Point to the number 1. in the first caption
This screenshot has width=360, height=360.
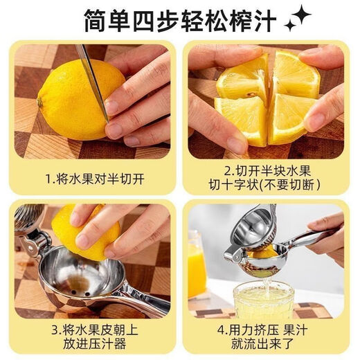[x=50, y=179]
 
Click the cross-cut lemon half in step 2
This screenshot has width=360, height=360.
[x=267, y=97]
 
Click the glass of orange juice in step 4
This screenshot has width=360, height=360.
[x=197, y=267]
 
